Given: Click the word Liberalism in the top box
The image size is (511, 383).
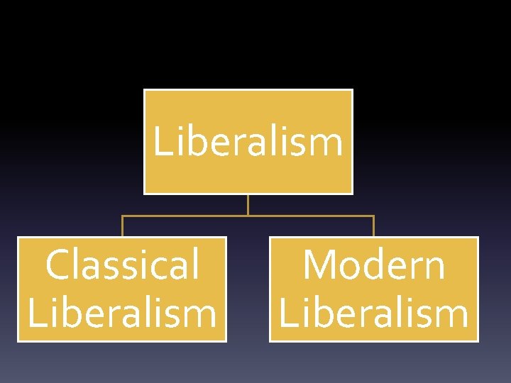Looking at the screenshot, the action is coord(248,142).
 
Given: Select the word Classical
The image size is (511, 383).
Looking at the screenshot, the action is coord(122,265).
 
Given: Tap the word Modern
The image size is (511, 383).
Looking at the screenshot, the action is coord(374,265).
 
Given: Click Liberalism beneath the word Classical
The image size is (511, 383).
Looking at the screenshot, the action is coord(122,313).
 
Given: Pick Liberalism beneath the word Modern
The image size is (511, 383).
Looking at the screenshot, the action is coord(374,313).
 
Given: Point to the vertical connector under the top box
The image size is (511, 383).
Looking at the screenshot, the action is coord(248,204).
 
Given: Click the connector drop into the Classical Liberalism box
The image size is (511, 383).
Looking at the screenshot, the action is coord(122,226).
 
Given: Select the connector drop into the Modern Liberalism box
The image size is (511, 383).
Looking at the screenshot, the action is coord(373,226).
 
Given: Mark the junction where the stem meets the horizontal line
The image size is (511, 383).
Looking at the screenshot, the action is coord(248,216).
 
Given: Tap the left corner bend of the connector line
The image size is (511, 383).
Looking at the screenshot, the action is coord(122,216).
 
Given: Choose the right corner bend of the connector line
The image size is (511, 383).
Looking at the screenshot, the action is coord(373,216).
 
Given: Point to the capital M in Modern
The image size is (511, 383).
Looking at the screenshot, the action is coord(317,265).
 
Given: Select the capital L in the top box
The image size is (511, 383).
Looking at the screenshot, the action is coord(162,142).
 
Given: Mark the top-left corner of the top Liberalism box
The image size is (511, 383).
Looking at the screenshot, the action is coord(144,89).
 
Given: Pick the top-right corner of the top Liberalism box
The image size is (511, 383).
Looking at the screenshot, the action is coord(352,89).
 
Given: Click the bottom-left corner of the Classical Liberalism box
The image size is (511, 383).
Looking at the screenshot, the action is coord(18,341).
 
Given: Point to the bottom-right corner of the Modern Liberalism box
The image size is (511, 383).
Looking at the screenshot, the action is coord(478,341).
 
